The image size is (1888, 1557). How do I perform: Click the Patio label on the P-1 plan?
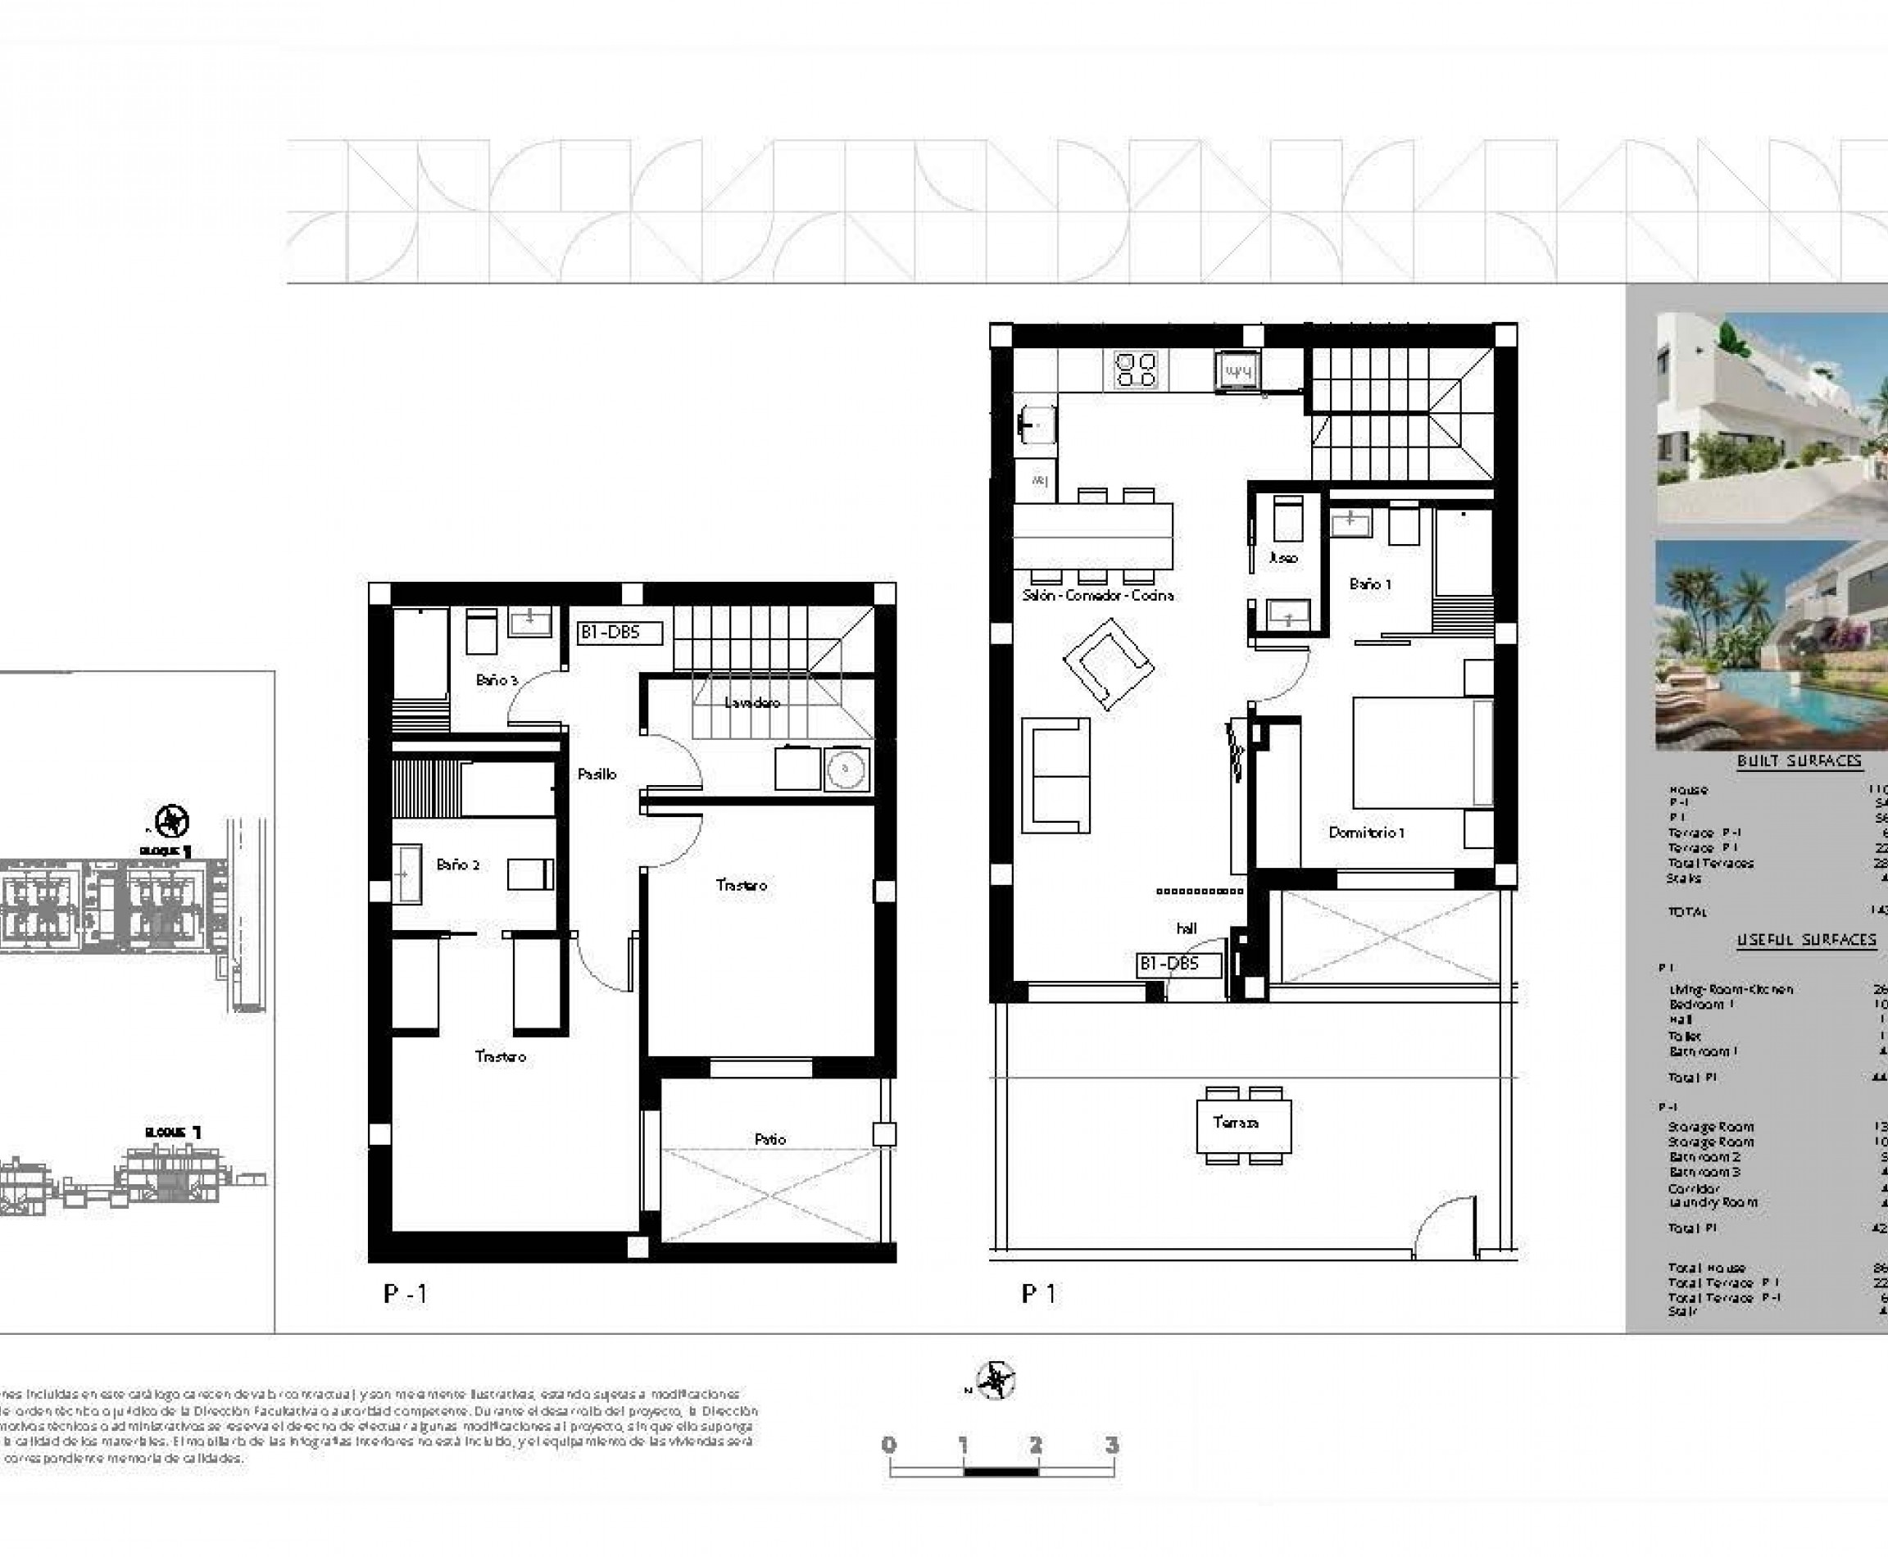pos(769,1139)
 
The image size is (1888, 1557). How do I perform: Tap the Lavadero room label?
pos(751,702)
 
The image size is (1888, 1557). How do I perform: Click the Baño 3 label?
pos(497,680)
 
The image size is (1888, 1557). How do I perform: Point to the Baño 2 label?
pos(457,865)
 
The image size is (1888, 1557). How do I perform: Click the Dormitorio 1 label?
pos(1366,833)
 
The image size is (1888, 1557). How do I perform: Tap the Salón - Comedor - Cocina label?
pos(1098,596)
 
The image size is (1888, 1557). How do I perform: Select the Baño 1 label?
pos(1369,583)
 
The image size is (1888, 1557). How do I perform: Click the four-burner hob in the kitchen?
pos(1136,370)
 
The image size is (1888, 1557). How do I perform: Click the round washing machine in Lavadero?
pos(846,769)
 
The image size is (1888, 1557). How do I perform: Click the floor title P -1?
pos(406,1293)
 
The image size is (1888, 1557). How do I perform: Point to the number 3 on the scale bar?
pos(1111,1445)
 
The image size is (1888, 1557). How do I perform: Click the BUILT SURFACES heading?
pos(1799,760)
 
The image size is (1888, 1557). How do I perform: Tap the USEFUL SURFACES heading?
pos(1805,939)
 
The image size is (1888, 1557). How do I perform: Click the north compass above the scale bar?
pos(995,1380)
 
